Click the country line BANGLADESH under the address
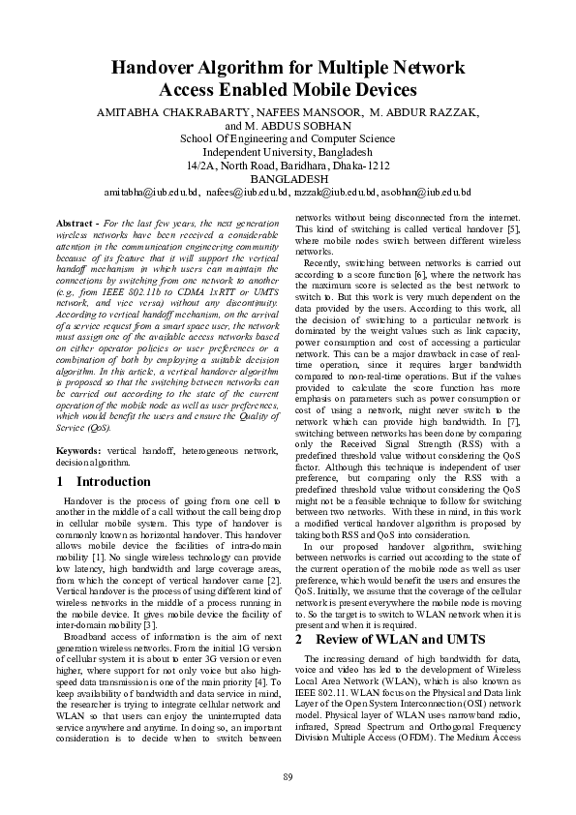(288, 180)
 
